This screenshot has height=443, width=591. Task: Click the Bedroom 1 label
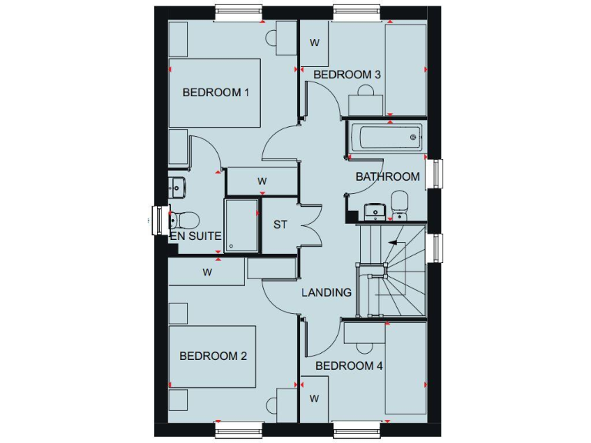216,92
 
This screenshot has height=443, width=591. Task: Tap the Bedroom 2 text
213,356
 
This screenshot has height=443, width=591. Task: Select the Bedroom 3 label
348,75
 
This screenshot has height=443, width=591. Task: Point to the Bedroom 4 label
349,366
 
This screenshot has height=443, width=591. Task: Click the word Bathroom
388,177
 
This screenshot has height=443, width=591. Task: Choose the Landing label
326,292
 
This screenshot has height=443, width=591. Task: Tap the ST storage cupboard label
280,225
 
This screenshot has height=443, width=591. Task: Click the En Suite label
196,236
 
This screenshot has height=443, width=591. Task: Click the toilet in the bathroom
400,204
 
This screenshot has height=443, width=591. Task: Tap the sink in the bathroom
374,208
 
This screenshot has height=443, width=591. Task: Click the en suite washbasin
176,186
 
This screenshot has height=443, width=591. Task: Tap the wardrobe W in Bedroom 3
314,43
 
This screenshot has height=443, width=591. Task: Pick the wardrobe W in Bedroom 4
314,398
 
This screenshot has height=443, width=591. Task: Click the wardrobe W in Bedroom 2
207,272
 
